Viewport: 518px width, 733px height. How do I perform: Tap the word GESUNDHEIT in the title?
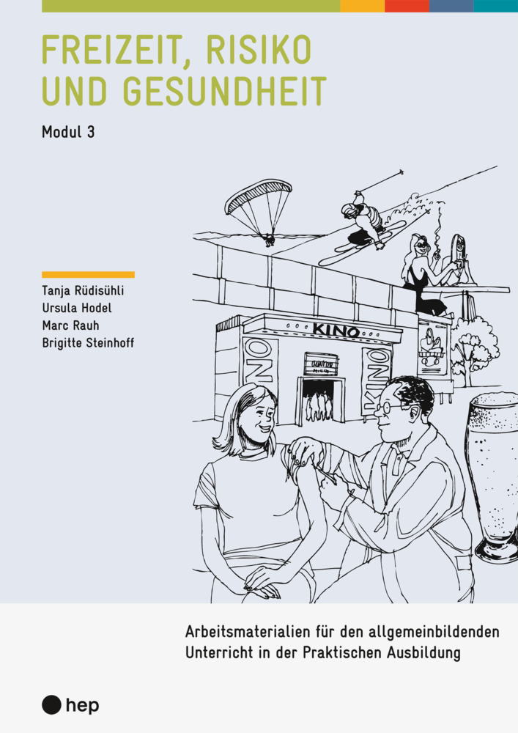tap(225, 90)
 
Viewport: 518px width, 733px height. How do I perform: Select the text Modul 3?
tap(68, 132)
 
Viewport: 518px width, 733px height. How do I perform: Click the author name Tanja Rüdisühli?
tap(83, 290)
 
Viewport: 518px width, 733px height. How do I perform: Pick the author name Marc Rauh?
tap(70, 325)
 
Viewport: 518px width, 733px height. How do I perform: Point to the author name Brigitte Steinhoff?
tap(88, 343)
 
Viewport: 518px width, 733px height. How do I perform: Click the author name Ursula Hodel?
tap(77, 308)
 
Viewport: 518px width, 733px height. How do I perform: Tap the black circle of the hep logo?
tap(51, 705)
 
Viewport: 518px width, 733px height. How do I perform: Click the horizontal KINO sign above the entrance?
tap(336, 330)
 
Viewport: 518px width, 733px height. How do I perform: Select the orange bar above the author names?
tap(88, 275)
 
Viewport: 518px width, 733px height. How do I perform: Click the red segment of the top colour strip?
tap(407, 6)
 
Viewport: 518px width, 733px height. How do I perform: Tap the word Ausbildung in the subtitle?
tap(423, 653)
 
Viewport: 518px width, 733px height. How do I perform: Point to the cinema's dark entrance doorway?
tap(322, 401)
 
